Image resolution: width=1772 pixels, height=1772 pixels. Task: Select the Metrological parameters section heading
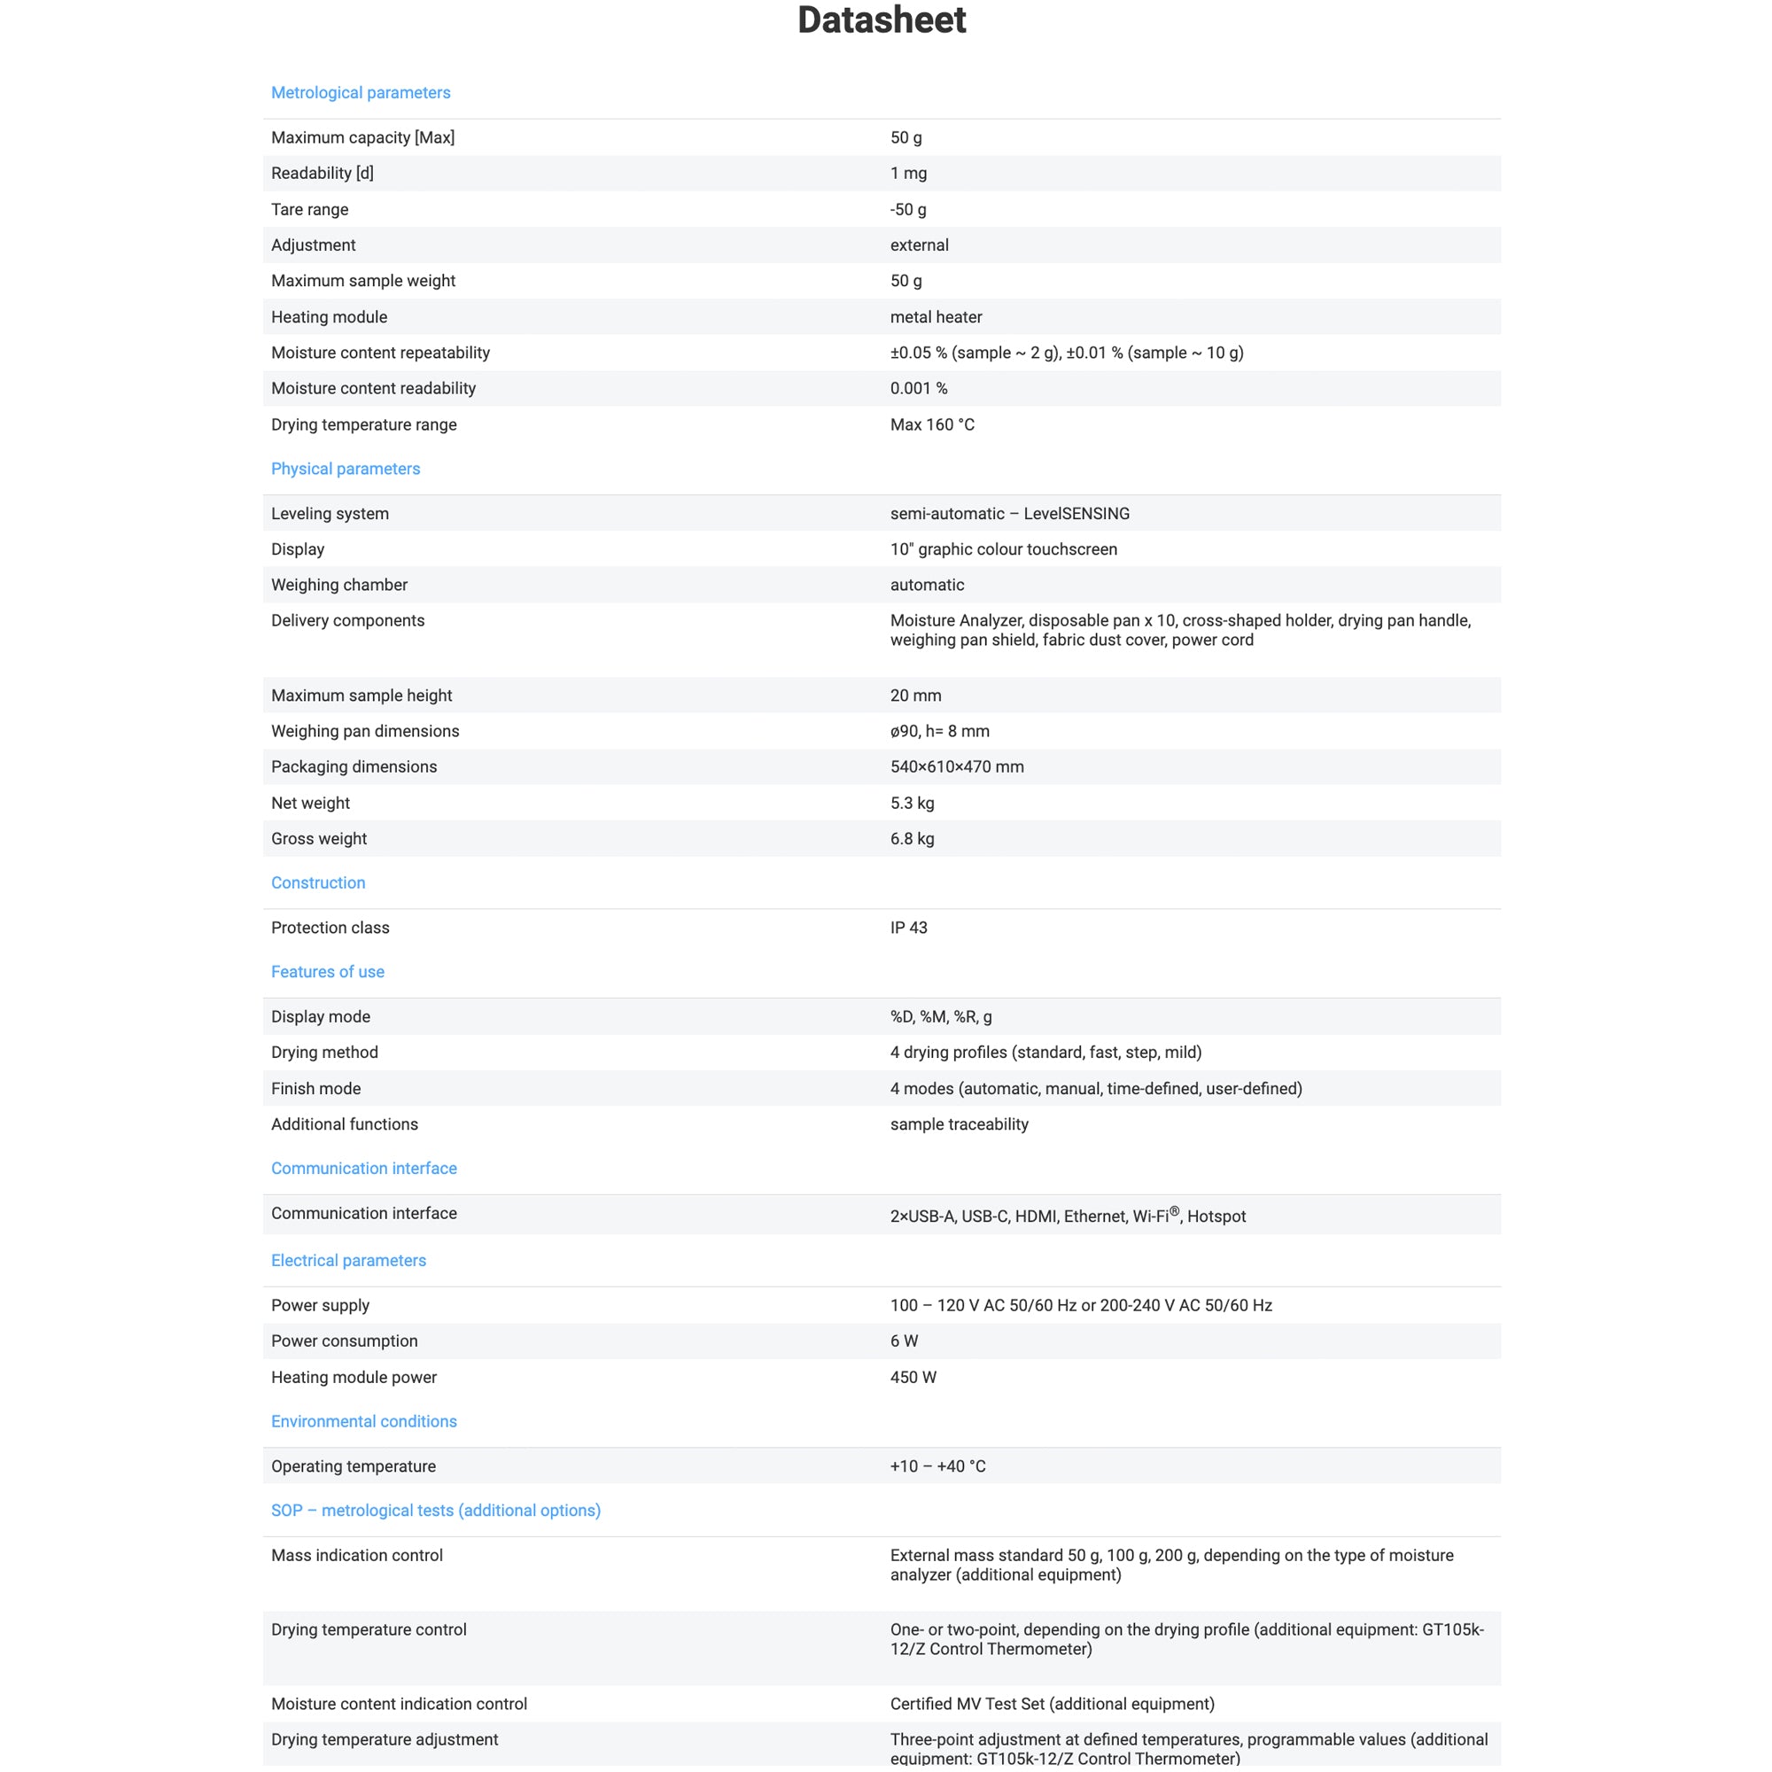pyautogui.click(x=361, y=93)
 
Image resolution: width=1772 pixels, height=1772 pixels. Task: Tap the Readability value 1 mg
pyautogui.click(x=908, y=174)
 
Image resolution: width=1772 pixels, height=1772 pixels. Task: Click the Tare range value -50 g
pyautogui.click(x=908, y=209)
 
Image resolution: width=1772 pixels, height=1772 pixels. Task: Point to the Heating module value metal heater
pyautogui.click(x=936, y=317)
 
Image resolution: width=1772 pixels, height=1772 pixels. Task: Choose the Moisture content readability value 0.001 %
pyautogui.click(x=918, y=388)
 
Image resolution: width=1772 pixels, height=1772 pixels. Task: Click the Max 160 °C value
pyautogui.click(x=932, y=424)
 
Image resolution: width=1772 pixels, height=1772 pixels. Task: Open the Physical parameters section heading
pyautogui.click(x=345, y=469)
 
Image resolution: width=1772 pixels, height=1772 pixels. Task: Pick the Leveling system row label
pyautogui.click(x=330, y=514)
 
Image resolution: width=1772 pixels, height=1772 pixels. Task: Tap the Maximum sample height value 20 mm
pyautogui.click(x=915, y=696)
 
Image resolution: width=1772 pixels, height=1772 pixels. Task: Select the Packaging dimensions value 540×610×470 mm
pyautogui.click(x=957, y=766)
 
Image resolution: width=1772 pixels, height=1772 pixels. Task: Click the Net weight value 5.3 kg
pyautogui.click(x=912, y=803)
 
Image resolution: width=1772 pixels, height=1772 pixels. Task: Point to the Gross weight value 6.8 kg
pyautogui.click(x=912, y=838)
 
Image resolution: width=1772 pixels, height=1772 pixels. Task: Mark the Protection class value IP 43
pyautogui.click(x=908, y=928)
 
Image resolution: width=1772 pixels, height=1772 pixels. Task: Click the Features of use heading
pyautogui.click(x=328, y=971)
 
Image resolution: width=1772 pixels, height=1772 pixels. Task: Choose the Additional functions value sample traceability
pyautogui.click(x=959, y=1123)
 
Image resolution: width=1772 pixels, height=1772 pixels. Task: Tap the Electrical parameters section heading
pyautogui.click(x=348, y=1260)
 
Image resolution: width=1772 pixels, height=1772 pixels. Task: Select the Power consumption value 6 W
pyautogui.click(x=904, y=1341)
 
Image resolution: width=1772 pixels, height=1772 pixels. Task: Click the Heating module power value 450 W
pyautogui.click(x=913, y=1377)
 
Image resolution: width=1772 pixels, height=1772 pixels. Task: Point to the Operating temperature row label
pyautogui.click(x=354, y=1465)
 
